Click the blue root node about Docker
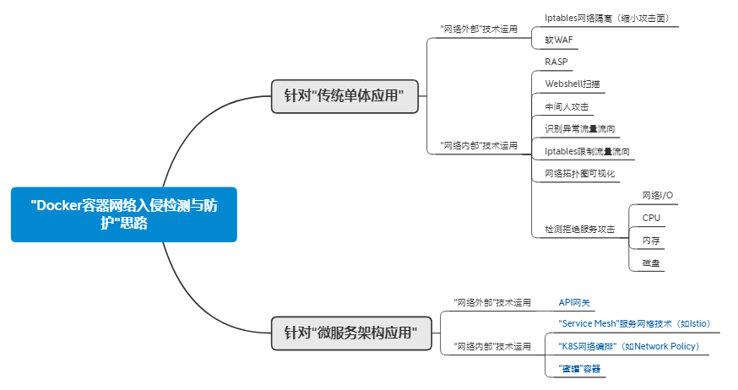tap(124, 214)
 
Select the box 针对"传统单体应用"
tap(345, 96)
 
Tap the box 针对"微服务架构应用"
tap(351, 333)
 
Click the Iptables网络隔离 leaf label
tap(606, 19)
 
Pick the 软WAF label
tap(559, 40)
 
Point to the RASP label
tap(556, 62)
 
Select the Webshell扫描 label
tap(572, 84)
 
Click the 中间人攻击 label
tap(567, 107)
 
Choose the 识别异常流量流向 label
tap(580, 129)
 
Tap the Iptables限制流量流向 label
tap(587, 151)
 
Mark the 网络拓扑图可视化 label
tap(580, 174)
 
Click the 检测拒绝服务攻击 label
tap(580, 229)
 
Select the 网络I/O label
tap(658, 195)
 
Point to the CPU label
tap(651, 218)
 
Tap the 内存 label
tap(651, 241)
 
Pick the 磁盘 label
tap(651, 263)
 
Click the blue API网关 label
tap(574, 302)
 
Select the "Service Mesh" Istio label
tap(634, 323)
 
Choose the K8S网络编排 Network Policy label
tap(629, 346)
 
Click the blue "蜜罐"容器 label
tap(579, 369)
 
